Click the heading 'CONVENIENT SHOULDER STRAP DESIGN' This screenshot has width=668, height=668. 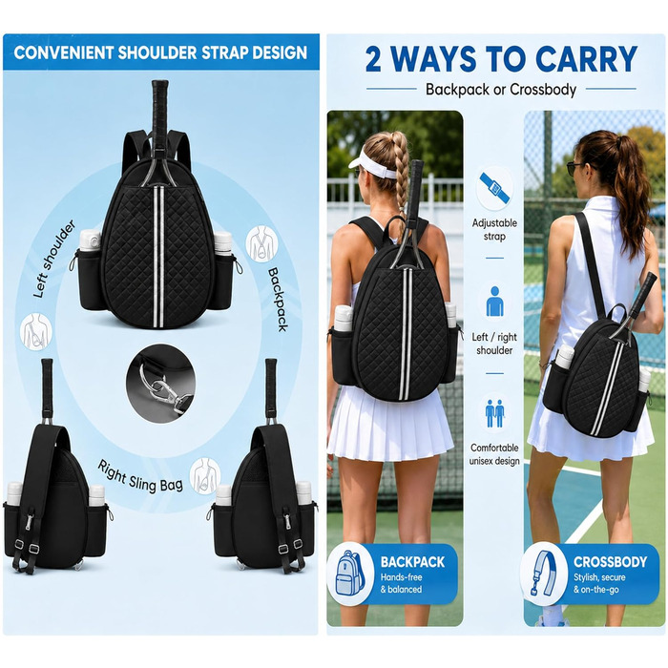(160, 52)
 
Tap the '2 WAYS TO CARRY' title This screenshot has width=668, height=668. (501, 58)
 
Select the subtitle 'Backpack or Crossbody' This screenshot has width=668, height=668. (501, 90)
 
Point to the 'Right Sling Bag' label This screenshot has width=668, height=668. (140, 476)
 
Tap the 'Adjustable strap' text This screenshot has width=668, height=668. (494, 229)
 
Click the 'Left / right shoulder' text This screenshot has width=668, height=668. (494, 344)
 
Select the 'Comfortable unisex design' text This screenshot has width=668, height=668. (494, 454)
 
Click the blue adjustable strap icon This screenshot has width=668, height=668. (494, 188)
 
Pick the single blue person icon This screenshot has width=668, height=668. (494, 301)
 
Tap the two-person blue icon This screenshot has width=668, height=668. (494, 413)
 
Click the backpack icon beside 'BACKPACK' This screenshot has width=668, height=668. (348, 573)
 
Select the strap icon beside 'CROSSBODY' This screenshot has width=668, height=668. (545, 573)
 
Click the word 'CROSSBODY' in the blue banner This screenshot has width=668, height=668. (610, 561)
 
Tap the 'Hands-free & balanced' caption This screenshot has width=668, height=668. (402, 583)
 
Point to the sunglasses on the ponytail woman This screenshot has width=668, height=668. (575, 166)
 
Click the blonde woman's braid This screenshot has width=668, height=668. (400, 175)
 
